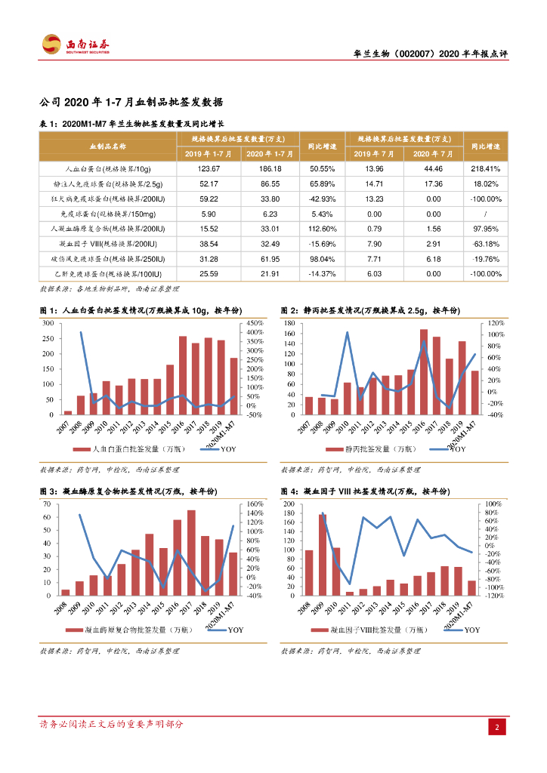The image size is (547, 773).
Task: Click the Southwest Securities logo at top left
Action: (76, 45)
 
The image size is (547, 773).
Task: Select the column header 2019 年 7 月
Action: (369, 153)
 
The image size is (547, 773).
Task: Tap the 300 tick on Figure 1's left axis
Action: (48, 323)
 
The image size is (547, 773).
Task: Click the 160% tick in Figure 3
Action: (255, 504)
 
